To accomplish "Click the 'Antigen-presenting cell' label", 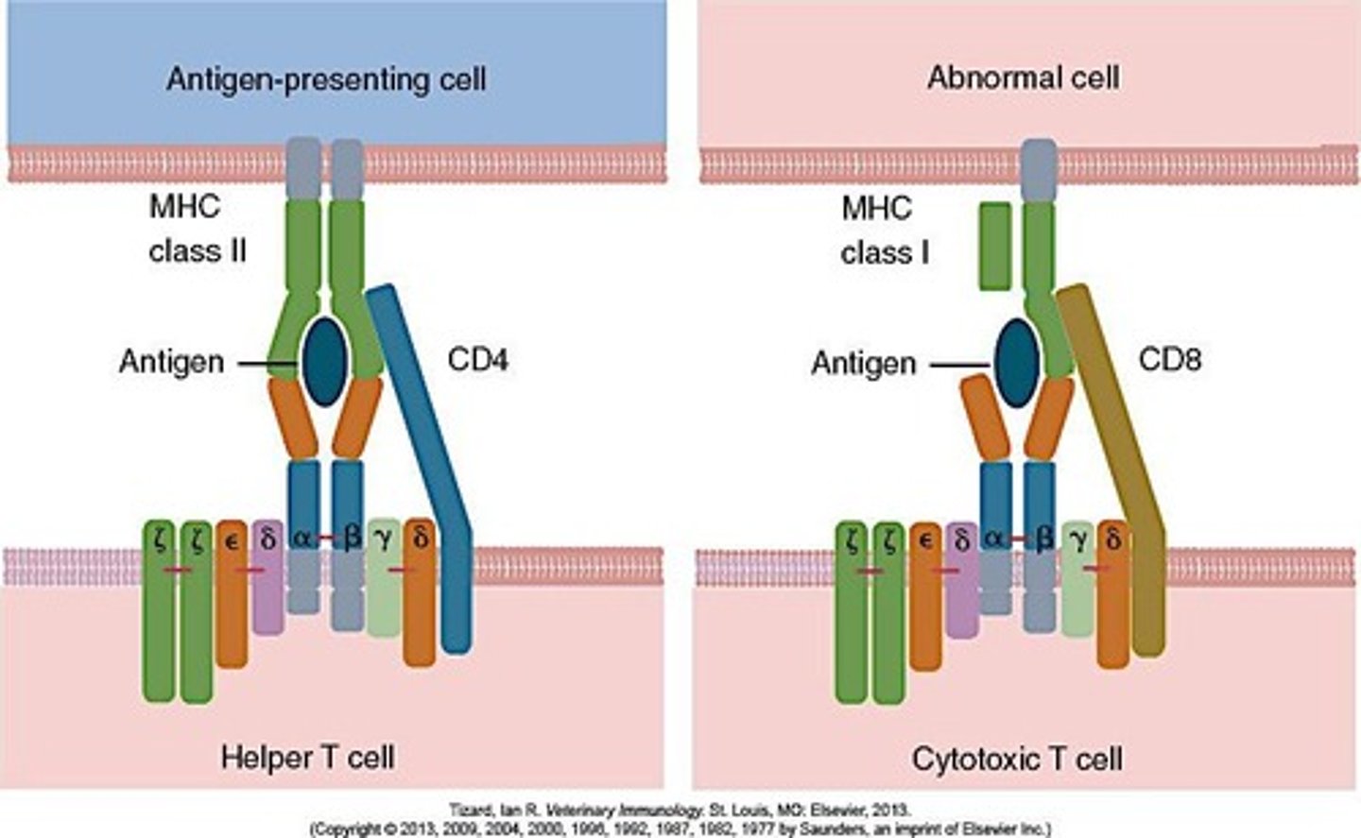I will (326, 78).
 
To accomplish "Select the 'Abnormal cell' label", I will (1024, 77).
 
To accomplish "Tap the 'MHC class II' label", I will (197, 229).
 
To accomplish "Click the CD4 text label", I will (477, 360).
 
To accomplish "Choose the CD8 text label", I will (1170, 360).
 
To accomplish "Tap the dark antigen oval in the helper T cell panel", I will (324, 361).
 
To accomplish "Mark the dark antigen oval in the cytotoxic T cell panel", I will (1017, 362).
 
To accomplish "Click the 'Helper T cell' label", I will (307, 757).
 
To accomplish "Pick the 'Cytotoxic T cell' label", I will (1017, 759).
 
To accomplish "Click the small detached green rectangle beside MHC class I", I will (994, 246).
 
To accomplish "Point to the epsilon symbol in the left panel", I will (230, 539).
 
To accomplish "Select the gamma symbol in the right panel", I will (1077, 539).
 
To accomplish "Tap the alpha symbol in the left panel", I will (301, 538).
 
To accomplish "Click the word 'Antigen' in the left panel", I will (171, 362).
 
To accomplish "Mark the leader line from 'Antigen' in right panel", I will (958, 364).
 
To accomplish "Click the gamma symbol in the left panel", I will (383, 539).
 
